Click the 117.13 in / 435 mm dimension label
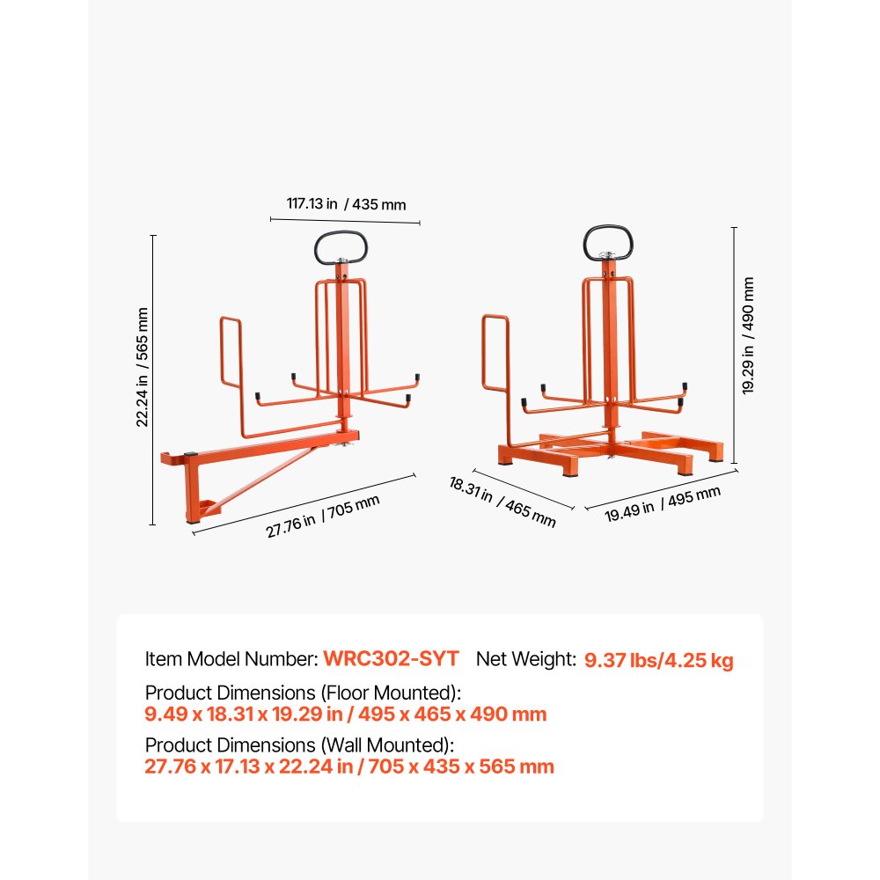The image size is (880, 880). (x=346, y=203)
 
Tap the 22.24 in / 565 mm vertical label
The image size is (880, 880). (x=142, y=367)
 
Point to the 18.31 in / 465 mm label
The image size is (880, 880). (x=502, y=502)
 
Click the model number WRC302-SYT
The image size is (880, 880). (x=391, y=658)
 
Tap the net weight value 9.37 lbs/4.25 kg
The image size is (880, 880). (x=658, y=659)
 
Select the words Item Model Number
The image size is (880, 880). (x=231, y=658)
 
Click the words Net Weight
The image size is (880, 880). (x=526, y=658)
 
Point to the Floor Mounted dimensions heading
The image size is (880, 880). (x=303, y=693)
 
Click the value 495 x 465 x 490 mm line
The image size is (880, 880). (x=346, y=714)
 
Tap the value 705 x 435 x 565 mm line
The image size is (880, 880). (x=349, y=766)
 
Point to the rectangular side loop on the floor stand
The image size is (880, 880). (x=495, y=352)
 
